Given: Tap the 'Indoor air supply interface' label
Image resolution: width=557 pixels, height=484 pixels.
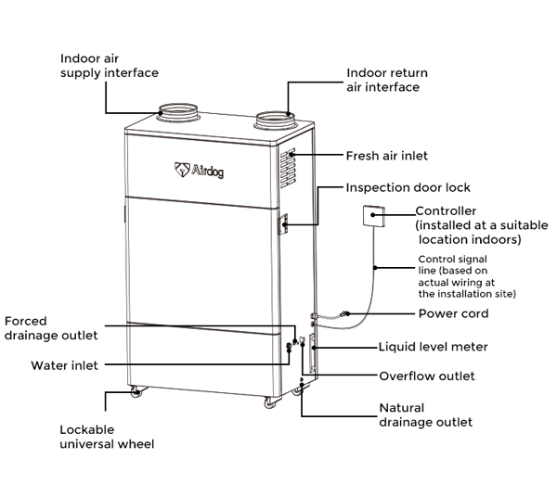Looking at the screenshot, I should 110,65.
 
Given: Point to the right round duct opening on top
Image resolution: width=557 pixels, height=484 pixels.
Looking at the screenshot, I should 276,119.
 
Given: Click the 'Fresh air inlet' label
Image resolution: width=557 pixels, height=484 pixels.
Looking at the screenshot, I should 386,156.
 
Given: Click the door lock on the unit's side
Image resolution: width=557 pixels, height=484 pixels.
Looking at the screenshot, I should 285,223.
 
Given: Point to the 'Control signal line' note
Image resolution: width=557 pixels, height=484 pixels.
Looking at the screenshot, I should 466,276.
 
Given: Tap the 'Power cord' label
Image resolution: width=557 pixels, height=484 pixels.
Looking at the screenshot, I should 453,313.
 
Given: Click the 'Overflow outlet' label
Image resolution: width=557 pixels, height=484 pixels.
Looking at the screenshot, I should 427,376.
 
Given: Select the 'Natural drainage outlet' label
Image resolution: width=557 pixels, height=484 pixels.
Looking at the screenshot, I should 425,414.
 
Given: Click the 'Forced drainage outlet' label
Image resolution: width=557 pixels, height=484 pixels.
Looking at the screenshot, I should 52,328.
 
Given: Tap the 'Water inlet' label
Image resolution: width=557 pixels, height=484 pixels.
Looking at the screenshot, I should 64,365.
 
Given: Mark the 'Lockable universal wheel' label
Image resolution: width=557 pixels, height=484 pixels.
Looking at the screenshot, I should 105,437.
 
